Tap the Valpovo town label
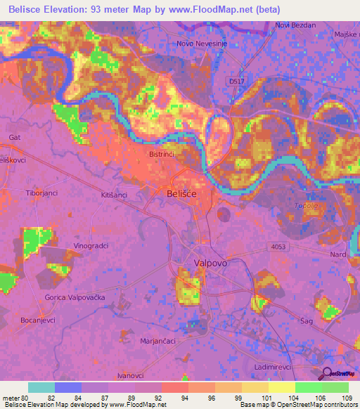coord(209,262)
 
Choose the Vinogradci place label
coord(91,246)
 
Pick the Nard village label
coord(339,254)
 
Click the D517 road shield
coord(238,82)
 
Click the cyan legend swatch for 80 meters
coord(41,387)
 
